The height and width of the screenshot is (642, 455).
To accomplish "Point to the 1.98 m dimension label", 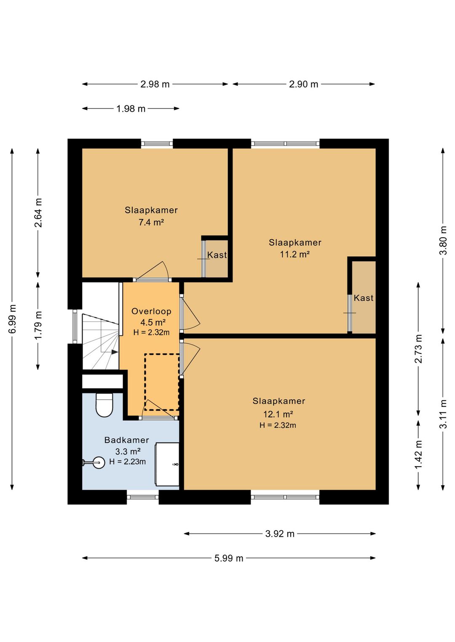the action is tap(131, 109).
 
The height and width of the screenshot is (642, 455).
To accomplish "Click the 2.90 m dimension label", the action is tap(303, 84).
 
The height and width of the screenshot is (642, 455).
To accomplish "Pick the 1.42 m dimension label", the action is tap(418, 454).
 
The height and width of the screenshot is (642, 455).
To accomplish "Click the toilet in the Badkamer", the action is tap(104, 405).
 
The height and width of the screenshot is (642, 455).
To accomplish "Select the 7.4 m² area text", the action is tap(151, 222).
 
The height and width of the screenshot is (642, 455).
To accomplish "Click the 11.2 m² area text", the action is tap(295, 254).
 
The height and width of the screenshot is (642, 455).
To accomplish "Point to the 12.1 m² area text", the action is tap(278, 414).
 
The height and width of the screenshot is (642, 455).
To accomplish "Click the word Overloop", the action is tap(151, 311).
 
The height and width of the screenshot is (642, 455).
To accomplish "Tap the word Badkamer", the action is tap(126, 440).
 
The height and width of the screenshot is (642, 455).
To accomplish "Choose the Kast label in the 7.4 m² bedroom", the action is tap(217, 255).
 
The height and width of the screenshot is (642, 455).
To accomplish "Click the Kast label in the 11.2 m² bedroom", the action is tap(364, 298).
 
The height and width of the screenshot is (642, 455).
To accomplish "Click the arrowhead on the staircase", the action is tap(115, 352).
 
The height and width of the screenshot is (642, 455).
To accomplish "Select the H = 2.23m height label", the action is tap(128, 462).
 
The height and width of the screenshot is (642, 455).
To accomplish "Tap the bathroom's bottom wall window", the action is tap(143, 497).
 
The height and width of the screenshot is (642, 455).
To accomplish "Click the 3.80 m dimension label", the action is tap(444, 240).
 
